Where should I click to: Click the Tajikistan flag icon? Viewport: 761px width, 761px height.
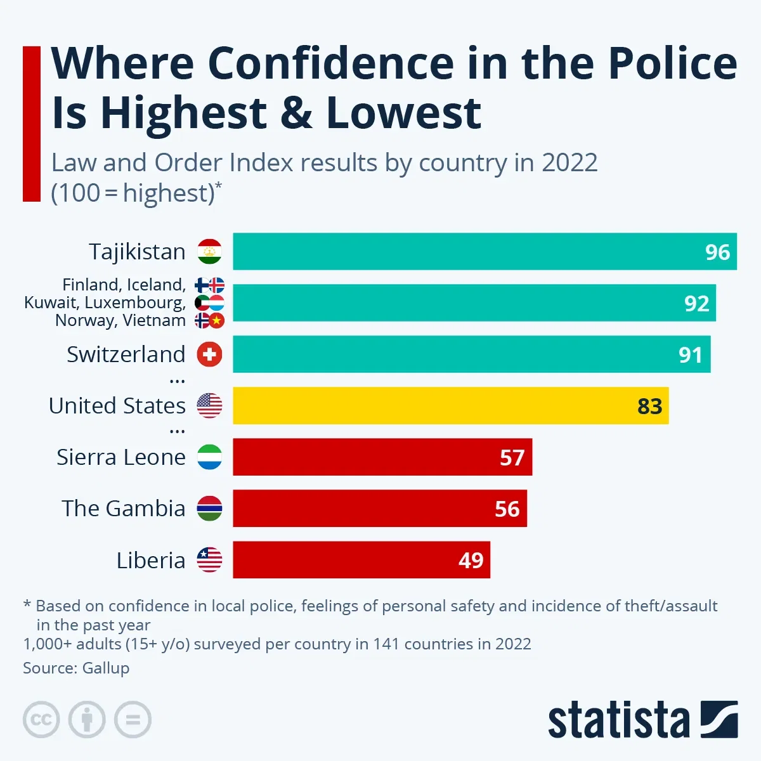click(209, 252)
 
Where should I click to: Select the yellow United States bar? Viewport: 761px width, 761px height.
click(450, 406)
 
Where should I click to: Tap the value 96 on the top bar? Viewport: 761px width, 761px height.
click(717, 252)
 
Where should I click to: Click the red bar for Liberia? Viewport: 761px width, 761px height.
click(361, 560)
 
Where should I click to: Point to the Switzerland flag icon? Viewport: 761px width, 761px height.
click(209, 354)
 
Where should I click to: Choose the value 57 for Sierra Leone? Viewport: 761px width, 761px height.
click(512, 457)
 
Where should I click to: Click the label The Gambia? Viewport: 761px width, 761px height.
click(124, 509)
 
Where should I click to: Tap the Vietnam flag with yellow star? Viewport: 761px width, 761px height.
click(218, 320)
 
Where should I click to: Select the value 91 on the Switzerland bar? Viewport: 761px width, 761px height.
click(690, 354)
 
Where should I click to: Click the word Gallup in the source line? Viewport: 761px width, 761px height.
click(106, 668)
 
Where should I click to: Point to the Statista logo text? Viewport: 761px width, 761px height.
click(618, 720)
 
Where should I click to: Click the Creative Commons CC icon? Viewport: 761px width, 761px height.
click(41, 720)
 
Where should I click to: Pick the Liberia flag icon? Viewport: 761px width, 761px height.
click(209, 560)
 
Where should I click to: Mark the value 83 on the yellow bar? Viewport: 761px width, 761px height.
click(649, 406)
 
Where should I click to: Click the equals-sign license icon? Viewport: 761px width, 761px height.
click(133, 720)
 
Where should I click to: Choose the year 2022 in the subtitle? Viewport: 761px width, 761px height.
click(569, 163)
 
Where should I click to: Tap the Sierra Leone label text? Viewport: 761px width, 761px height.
click(121, 457)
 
